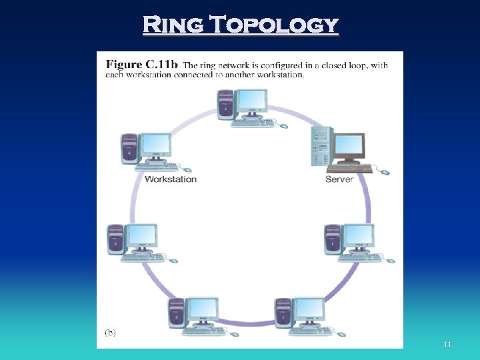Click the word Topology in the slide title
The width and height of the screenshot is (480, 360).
coord(275,25)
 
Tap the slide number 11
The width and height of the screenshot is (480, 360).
coord(447,345)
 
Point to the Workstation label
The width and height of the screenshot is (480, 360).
coord(171,179)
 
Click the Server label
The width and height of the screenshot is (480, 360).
coord(339,179)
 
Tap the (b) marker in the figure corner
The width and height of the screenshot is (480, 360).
coord(110,333)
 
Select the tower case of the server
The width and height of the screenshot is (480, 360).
coord(321,146)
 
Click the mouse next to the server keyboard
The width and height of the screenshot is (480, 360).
coord(383,172)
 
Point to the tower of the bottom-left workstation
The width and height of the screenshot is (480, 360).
coord(176,313)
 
